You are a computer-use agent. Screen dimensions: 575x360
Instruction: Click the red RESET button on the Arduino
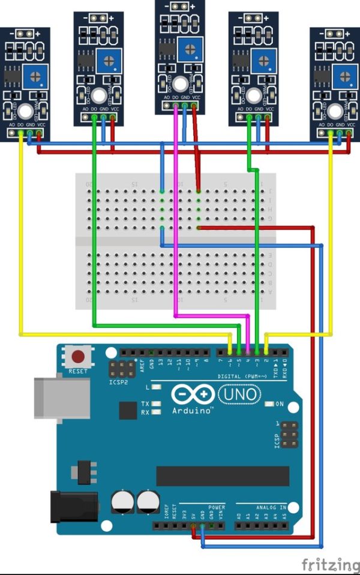tap(78, 357)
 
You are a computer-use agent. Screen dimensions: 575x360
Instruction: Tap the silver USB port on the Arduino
tap(51, 398)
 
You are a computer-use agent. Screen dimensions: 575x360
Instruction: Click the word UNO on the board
tap(239, 394)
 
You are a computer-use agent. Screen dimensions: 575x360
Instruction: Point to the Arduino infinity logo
tap(193, 394)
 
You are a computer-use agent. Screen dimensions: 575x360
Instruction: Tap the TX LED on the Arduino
tap(157, 404)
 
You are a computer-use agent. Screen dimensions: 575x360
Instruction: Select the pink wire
tap(175, 240)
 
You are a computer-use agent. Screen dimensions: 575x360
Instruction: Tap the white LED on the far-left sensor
tap(25, 111)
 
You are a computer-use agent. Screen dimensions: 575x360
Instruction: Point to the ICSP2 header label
tap(119, 383)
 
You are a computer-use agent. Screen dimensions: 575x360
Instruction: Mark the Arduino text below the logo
tap(192, 411)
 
